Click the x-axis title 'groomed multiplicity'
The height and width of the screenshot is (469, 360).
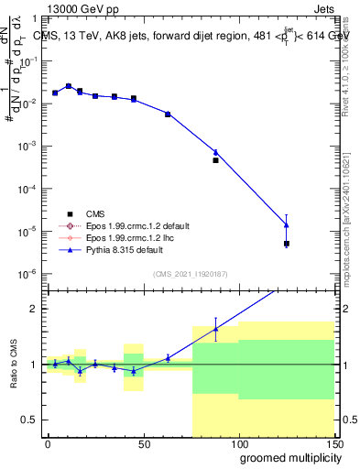(287, 457)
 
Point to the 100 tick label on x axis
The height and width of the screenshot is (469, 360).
(238, 445)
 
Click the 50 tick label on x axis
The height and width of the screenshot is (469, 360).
(143, 445)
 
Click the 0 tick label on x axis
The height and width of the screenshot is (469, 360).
(48, 445)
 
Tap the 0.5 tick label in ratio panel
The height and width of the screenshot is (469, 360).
(31, 420)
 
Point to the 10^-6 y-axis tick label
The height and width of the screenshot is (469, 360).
(28, 274)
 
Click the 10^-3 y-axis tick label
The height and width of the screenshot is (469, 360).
(28, 146)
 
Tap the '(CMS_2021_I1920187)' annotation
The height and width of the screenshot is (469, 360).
(190, 273)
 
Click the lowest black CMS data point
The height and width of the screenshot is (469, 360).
(287, 244)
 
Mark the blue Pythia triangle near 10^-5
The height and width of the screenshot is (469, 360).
(287, 224)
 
